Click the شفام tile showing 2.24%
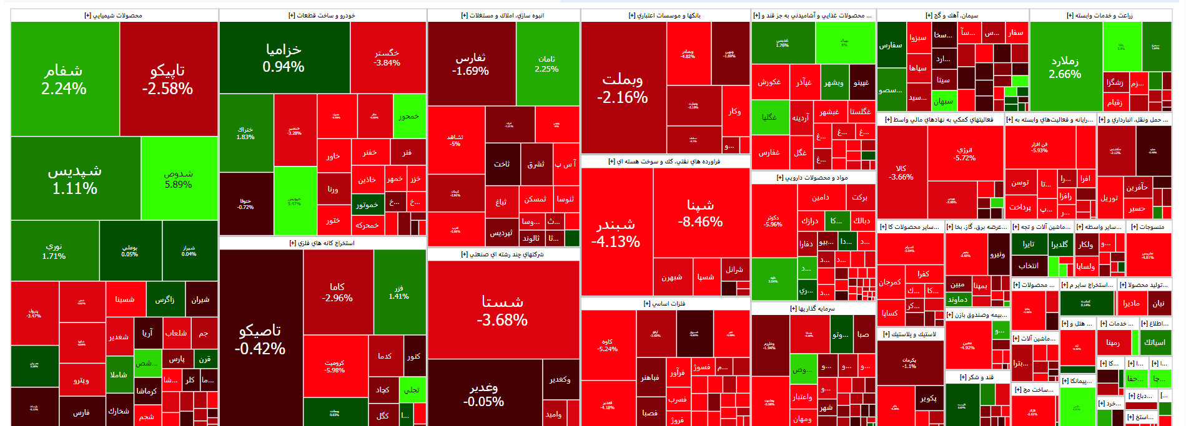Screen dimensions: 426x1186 [x=64, y=79]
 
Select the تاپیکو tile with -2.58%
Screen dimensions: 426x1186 [x=167, y=79]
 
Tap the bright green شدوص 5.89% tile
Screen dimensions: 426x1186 [x=179, y=178]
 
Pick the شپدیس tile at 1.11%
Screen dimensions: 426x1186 [x=75, y=178]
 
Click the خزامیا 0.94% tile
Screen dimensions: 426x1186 [x=284, y=57]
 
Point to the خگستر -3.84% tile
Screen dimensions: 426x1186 [x=387, y=57]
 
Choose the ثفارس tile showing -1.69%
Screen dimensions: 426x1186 [x=471, y=64]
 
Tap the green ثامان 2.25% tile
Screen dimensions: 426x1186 [x=547, y=64]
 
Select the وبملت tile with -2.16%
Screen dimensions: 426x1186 [x=623, y=87]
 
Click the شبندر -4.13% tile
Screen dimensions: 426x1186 [x=616, y=232]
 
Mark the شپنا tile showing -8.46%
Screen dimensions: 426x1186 [x=701, y=213]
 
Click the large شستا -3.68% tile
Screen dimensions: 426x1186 [x=502, y=310]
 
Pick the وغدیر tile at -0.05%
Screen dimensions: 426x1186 [x=484, y=394]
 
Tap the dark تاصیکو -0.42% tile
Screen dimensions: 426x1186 [x=260, y=339]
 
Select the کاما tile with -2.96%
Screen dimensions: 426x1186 [x=338, y=292]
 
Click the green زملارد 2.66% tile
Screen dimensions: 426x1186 [x=1065, y=67]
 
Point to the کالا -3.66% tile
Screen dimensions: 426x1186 [x=901, y=172]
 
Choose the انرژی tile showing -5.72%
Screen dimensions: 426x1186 [x=965, y=153]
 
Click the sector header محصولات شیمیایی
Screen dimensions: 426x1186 [x=114, y=16]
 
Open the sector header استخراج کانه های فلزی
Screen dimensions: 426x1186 [x=322, y=243]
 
